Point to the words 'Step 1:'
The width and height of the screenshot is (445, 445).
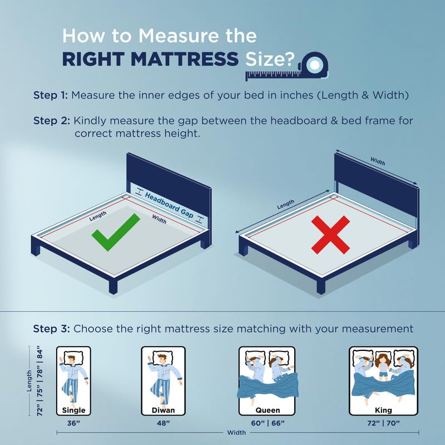tap(51, 95)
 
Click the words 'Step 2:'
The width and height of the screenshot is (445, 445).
tap(51, 121)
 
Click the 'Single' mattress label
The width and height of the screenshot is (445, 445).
tap(73, 411)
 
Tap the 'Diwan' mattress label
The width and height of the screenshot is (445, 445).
tap(163, 411)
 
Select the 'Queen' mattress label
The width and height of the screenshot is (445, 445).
tap(267, 411)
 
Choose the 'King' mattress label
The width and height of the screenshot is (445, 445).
tap(383, 411)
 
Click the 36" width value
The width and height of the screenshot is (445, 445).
tap(73, 423)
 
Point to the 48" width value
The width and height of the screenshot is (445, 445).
tap(163, 423)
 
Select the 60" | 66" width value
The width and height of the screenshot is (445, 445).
tap(267, 423)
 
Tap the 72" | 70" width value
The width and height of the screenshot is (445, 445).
tap(383, 423)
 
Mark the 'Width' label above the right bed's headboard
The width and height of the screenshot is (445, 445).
tap(379, 161)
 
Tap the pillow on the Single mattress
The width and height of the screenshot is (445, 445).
tap(73, 358)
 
